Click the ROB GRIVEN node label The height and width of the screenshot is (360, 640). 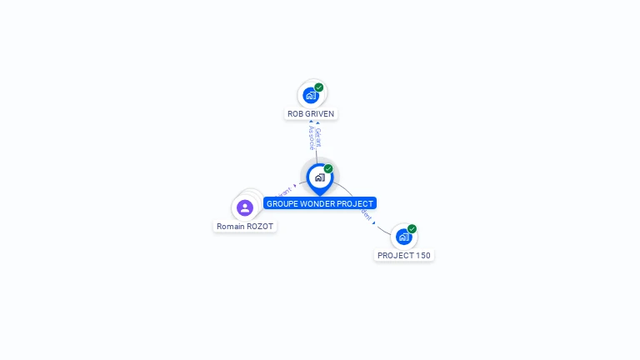click(312, 113)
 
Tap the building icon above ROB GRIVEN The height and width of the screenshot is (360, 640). click(311, 96)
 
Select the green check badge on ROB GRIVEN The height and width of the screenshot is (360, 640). click(319, 87)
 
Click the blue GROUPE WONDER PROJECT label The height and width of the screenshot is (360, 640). click(320, 203)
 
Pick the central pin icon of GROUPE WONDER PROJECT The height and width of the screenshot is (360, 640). click(319, 177)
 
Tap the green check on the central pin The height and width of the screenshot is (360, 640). click(328, 169)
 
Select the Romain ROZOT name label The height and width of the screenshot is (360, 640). click(245, 226)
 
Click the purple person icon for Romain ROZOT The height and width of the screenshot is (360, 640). click(245, 207)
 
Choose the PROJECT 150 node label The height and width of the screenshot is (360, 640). click(404, 255)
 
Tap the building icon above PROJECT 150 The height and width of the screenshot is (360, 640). click(403, 237)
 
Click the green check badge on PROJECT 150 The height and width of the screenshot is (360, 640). click(412, 229)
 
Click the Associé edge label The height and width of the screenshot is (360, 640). click(312, 137)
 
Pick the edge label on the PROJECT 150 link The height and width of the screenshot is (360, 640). click(366, 215)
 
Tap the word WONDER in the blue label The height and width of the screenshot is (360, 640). click(319, 203)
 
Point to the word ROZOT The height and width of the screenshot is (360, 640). click(260, 226)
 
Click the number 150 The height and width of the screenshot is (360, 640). click(422, 255)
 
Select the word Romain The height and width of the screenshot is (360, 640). click(231, 226)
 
